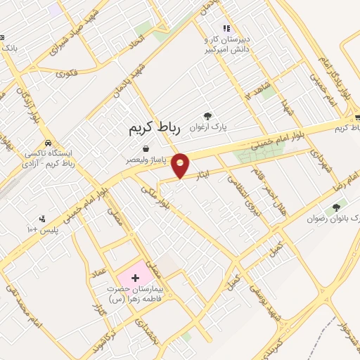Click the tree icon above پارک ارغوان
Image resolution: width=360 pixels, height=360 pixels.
(x=207, y=117)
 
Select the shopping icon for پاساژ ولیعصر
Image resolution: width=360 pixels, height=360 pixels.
(x=145, y=148)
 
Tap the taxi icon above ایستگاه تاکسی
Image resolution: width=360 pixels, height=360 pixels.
(x=47, y=140)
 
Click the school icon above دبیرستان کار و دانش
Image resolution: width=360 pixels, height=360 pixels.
(x=226, y=29)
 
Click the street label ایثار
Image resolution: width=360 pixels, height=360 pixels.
(x=203, y=172)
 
